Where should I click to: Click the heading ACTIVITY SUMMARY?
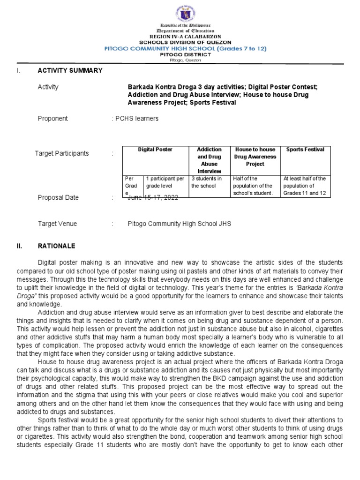tap(70, 70)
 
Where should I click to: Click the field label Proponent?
tap(52, 119)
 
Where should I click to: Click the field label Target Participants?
tap(62, 153)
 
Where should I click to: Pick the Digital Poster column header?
tap(155, 150)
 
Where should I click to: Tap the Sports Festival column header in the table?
tap(305, 150)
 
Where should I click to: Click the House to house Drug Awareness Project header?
tap(255, 157)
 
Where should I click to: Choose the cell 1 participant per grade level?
tap(165, 182)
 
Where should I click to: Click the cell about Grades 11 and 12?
tap(305, 186)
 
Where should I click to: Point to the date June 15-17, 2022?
tap(152, 198)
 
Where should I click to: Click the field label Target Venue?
tap(57, 224)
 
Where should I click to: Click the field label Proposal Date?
tap(58, 198)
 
